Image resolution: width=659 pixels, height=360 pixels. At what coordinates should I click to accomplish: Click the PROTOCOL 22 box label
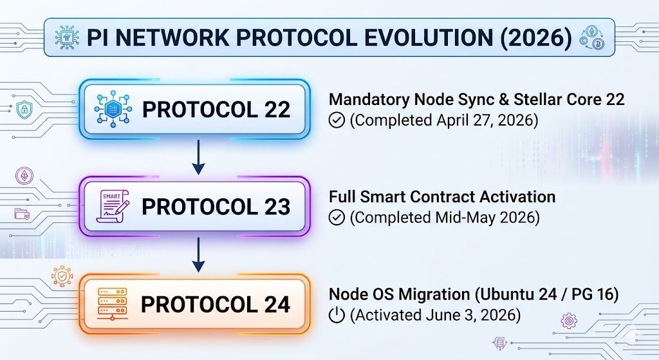tap(216, 109)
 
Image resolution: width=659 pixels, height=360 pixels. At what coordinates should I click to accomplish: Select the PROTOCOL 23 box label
tap(216, 207)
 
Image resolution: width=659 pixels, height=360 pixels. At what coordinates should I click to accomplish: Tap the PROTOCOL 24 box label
tap(216, 304)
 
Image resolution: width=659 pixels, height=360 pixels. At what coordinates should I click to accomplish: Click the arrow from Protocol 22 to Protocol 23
tap(198, 157)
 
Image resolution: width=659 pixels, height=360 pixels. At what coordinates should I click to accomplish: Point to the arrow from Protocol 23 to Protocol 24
tap(198, 255)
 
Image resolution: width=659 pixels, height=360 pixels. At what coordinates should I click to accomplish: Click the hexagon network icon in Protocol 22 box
tap(113, 109)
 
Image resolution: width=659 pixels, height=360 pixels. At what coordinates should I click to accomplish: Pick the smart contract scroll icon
tap(113, 206)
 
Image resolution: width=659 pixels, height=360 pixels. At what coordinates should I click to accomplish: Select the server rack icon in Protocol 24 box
tap(112, 304)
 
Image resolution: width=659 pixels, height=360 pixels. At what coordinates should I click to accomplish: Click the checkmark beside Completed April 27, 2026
tap(337, 120)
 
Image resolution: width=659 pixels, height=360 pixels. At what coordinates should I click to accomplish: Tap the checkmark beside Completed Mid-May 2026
tap(337, 218)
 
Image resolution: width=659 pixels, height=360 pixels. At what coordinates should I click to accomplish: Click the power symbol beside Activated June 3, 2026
tap(337, 315)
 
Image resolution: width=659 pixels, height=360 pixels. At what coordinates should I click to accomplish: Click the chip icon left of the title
tap(66, 37)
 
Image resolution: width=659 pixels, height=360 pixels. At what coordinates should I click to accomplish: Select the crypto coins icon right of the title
tap(592, 38)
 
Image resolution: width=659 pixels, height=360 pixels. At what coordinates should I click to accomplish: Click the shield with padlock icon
tap(24, 109)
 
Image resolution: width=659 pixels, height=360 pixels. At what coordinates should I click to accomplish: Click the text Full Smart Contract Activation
tap(442, 197)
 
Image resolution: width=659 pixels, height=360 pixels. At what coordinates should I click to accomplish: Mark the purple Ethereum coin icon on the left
tap(24, 175)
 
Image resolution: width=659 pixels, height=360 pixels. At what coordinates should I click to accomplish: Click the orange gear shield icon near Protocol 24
tap(62, 276)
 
